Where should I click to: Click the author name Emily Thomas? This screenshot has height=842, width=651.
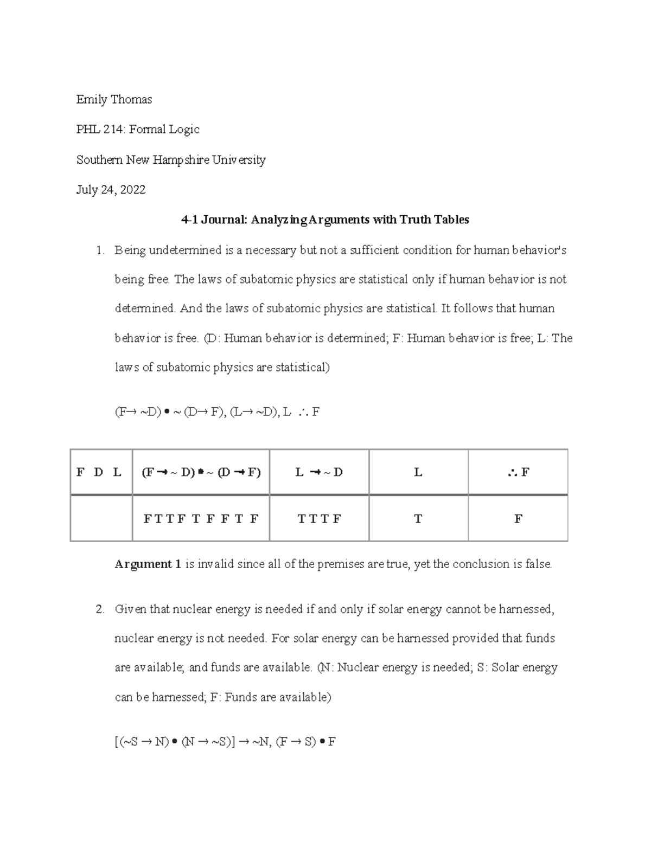(114, 99)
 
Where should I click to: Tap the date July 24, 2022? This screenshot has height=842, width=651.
(111, 190)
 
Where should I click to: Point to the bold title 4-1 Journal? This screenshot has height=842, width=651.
(214, 220)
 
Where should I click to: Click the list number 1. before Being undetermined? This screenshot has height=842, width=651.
(99, 250)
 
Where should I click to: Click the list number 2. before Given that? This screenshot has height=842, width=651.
(99, 609)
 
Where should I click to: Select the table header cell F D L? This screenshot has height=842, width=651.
(101, 472)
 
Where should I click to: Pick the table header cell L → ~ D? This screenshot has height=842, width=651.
(319, 472)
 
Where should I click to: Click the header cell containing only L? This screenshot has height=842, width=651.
(418, 472)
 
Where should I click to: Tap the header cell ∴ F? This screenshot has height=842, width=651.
(518, 472)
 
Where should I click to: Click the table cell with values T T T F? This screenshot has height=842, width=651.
(319, 519)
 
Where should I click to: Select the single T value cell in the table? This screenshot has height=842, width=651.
(418, 519)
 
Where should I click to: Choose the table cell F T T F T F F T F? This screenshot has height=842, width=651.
(201, 519)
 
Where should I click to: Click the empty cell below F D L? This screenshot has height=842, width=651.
(101, 519)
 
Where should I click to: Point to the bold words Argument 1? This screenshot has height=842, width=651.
(148, 564)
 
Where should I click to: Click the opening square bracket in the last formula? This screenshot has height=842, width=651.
(117, 742)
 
